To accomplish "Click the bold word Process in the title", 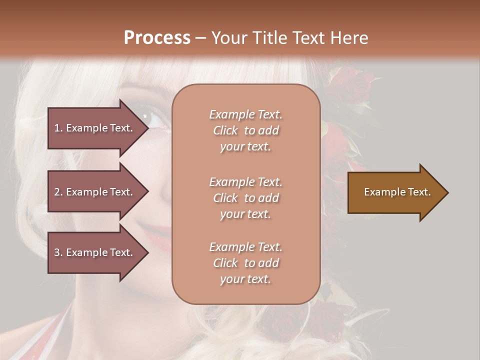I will [157, 38].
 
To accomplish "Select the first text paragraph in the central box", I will [245, 130].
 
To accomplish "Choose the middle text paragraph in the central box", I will [245, 198].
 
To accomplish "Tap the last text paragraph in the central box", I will [245, 263].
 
